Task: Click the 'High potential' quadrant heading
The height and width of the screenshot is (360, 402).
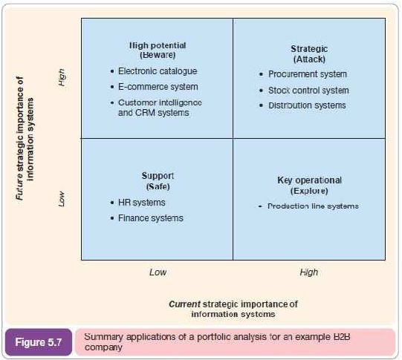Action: coord(158,45)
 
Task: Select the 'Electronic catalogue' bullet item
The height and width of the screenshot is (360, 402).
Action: coord(158,71)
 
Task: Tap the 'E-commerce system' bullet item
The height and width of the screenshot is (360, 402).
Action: coord(158,87)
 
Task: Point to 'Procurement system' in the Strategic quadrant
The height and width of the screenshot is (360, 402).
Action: coord(308,74)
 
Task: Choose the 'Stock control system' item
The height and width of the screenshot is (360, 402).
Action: coord(308,91)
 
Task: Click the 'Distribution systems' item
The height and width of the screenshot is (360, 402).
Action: coord(307,105)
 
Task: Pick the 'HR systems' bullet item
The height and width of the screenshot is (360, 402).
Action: coord(141,203)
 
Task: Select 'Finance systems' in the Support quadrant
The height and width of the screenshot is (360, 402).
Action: coord(151,218)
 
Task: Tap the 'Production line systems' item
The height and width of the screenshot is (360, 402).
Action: coord(313,206)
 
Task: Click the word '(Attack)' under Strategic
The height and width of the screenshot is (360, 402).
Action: coord(309,59)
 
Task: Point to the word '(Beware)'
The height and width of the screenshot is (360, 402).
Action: coord(158,55)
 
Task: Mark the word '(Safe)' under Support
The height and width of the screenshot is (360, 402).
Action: coord(158,186)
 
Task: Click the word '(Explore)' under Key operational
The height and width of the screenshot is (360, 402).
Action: coord(309,191)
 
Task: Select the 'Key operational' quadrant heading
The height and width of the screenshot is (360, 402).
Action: coord(309,180)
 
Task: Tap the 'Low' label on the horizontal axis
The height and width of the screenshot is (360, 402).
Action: coord(158,272)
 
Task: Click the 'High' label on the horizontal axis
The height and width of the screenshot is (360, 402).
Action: coord(309,272)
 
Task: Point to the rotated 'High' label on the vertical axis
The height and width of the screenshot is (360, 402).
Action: coord(62,78)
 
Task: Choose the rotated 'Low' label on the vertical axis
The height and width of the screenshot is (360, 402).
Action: coord(62,199)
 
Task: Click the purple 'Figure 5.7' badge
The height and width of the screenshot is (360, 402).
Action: coord(39,342)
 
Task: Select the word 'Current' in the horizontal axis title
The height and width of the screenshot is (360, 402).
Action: coord(184,304)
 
